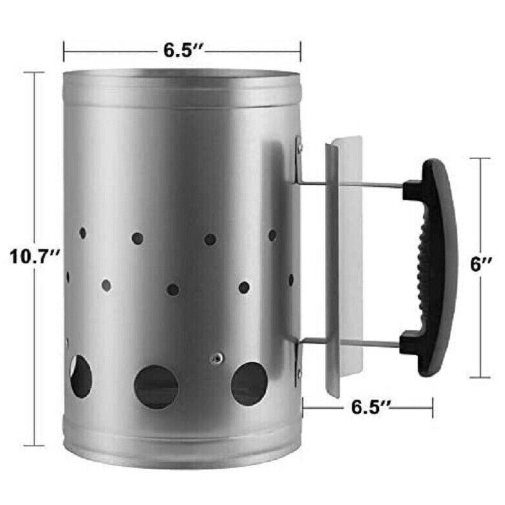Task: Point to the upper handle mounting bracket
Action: (298, 160)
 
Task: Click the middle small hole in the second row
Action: (173, 289)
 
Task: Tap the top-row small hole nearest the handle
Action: (272, 235)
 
